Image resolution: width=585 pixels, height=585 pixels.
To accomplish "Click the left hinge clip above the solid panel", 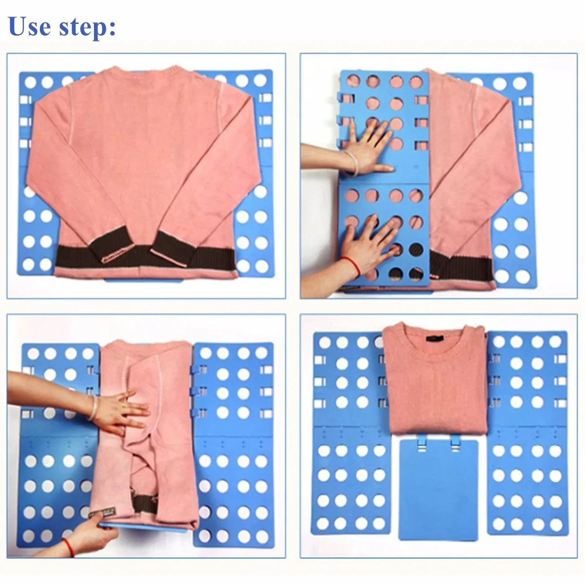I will click(x=420, y=443).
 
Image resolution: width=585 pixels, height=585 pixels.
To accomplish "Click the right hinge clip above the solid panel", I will click(x=455, y=443).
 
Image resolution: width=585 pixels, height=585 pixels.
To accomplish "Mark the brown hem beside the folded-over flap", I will click(x=463, y=267).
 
